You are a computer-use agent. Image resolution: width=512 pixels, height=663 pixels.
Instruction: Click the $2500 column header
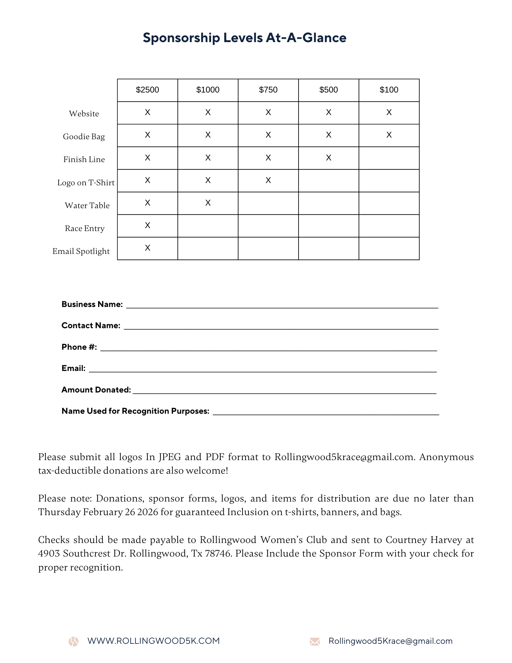(x=147, y=90)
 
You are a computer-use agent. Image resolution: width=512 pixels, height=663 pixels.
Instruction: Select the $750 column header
(x=268, y=90)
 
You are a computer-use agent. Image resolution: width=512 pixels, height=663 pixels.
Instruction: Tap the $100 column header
(x=389, y=90)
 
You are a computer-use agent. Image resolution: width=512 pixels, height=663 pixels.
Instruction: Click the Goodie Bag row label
(x=84, y=137)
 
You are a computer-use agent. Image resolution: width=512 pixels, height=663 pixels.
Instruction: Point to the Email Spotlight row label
(x=81, y=251)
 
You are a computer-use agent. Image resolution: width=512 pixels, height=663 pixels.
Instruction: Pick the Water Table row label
(x=87, y=206)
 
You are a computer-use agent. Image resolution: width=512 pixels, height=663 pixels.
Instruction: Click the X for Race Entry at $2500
(x=147, y=225)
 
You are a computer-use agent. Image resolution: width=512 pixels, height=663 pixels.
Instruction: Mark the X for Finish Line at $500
(x=328, y=158)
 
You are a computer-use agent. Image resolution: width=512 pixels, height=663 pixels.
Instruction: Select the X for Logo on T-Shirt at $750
(x=268, y=180)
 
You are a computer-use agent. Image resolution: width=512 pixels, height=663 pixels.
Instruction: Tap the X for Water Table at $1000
(x=208, y=203)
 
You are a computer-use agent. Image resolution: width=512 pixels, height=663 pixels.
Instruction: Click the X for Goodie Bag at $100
(x=389, y=135)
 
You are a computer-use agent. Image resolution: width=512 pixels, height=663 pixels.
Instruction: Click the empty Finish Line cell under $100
(x=389, y=158)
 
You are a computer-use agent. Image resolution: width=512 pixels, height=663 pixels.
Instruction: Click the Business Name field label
(x=92, y=304)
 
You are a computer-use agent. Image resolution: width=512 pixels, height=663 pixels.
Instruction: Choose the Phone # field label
(x=79, y=347)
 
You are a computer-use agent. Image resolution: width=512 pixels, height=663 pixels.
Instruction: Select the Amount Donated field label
(x=96, y=390)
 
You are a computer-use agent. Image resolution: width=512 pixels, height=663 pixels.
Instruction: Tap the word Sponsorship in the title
(x=181, y=38)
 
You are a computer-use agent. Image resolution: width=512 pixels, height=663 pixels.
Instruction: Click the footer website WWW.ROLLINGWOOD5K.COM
(x=153, y=641)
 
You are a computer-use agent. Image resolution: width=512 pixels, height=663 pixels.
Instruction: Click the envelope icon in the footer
(x=314, y=641)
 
